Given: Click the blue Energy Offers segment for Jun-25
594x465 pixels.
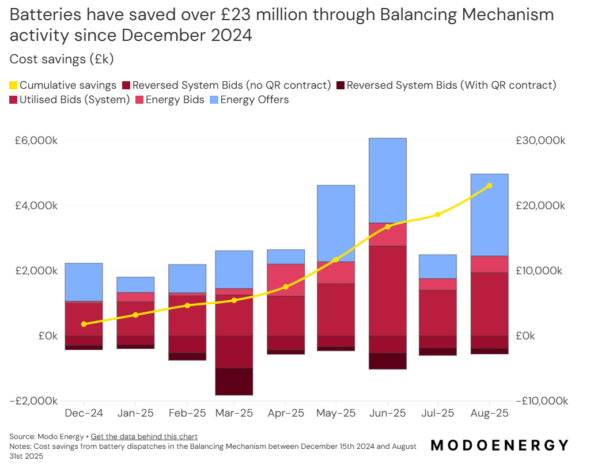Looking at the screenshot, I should tap(388, 180).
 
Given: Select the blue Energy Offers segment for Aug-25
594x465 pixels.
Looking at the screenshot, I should tap(489, 214).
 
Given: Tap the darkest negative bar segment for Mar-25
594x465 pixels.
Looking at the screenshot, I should tap(234, 381).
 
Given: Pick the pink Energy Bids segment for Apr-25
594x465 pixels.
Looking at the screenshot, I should tap(286, 280).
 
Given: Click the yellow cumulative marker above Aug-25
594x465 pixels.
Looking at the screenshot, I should tap(489, 186).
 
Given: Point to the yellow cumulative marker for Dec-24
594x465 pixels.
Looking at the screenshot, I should tap(84, 324).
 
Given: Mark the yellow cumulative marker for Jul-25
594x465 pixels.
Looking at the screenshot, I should tap(438, 214).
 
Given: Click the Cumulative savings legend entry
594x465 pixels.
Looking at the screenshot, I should tap(63, 85).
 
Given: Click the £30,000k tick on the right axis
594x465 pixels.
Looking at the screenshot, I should tap(540, 141).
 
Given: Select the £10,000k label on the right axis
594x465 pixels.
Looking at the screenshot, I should tap(540, 271).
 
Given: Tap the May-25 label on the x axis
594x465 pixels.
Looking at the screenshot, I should tap(336, 413).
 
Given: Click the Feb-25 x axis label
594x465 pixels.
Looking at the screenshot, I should tap(187, 413).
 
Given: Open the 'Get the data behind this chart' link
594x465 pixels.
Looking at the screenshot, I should tap(144, 436).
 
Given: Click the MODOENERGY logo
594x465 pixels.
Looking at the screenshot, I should tap(500, 445).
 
